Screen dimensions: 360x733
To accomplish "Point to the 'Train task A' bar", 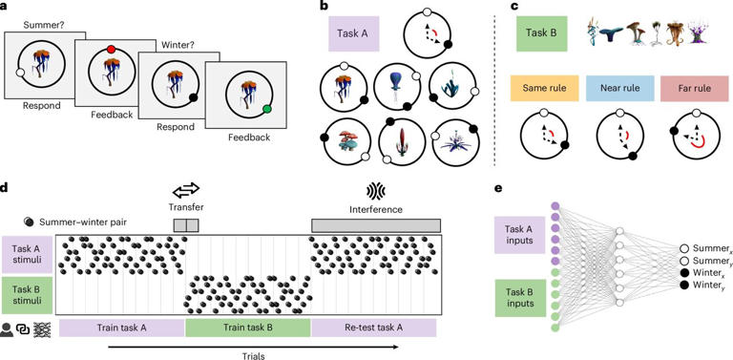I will (121, 328).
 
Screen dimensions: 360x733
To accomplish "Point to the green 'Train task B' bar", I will (247, 328).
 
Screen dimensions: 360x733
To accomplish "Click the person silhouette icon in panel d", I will (8, 328).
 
